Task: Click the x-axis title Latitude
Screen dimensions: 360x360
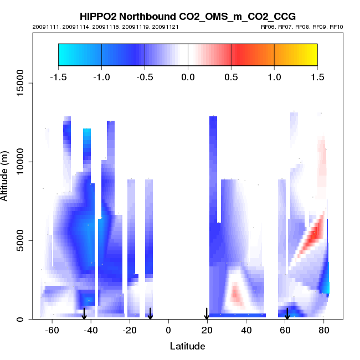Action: coord(187,346)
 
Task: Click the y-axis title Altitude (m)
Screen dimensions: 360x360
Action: coord(6,174)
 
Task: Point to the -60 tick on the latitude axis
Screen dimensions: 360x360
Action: coord(52,331)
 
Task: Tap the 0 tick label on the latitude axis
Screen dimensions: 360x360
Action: coord(168,331)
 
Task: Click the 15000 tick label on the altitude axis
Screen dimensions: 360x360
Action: coord(17,83)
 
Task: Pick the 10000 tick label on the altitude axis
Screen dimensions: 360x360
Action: coord(17,162)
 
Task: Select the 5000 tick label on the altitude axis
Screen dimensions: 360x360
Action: coord(19,240)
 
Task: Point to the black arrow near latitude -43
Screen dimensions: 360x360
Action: coord(84,314)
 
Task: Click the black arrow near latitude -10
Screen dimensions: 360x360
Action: coord(150,314)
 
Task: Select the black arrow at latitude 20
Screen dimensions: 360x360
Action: coord(207,314)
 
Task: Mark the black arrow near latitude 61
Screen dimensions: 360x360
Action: coord(287,314)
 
